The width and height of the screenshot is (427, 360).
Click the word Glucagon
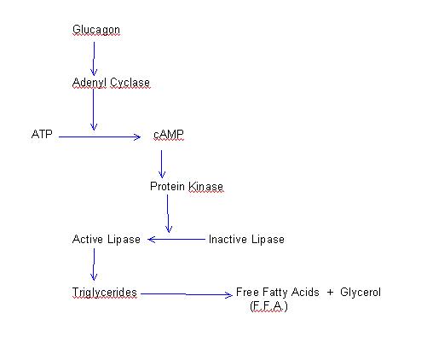96,30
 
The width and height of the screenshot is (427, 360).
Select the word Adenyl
89,83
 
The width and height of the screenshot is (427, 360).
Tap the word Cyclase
130,83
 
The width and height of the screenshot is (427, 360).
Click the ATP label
42,134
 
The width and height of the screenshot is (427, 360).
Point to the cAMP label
169,135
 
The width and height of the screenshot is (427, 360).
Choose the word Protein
167,186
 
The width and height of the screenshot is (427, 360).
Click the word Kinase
205,186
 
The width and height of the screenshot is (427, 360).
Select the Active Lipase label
107,240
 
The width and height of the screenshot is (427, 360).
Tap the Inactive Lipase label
246,240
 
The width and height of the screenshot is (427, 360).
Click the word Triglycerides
105,293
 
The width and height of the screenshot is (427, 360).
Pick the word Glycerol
361,293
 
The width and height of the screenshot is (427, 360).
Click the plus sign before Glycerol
330,293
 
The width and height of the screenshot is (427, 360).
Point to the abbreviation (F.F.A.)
268,306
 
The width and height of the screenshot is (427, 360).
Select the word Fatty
275,293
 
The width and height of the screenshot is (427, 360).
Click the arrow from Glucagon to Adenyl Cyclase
94,59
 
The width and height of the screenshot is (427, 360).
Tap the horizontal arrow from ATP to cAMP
100,137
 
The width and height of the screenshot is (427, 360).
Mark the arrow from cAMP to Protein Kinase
162,164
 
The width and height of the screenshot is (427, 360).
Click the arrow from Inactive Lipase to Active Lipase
176,240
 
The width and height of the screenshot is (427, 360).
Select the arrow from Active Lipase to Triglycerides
94,264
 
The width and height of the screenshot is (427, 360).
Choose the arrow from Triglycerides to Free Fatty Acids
187,294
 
